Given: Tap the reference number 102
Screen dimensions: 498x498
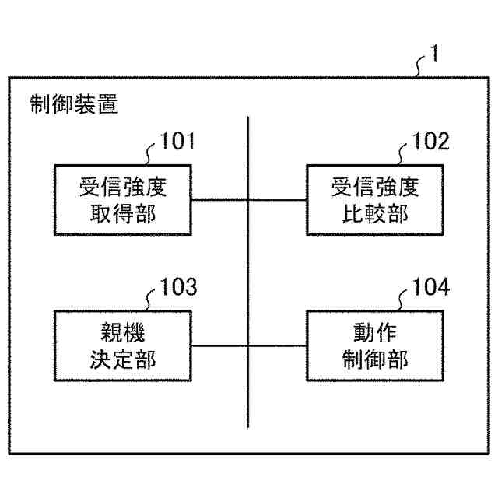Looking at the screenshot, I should point(430,142).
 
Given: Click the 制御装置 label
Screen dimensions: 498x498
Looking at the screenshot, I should point(74,105).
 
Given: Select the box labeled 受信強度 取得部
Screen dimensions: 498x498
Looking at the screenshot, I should point(124,199).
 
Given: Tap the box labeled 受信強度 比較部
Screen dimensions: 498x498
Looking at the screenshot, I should point(375,199).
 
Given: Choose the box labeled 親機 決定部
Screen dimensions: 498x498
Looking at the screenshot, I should point(124,345).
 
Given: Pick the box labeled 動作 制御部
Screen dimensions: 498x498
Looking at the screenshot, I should point(375,345).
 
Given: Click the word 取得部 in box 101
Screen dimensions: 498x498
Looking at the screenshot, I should point(124,212).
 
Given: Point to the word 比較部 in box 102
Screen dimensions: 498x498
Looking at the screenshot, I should point(375,212).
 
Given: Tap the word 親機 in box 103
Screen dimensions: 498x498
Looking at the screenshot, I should point(124,333).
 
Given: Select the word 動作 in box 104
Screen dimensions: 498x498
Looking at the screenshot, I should point(375,333).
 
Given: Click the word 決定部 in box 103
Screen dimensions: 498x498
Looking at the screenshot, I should point(124,359).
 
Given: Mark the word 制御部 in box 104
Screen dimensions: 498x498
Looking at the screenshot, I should point(375,359).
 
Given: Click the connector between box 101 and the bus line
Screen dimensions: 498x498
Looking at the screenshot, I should point(220,199).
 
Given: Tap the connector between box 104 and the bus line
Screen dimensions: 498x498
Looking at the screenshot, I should point(277,345).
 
